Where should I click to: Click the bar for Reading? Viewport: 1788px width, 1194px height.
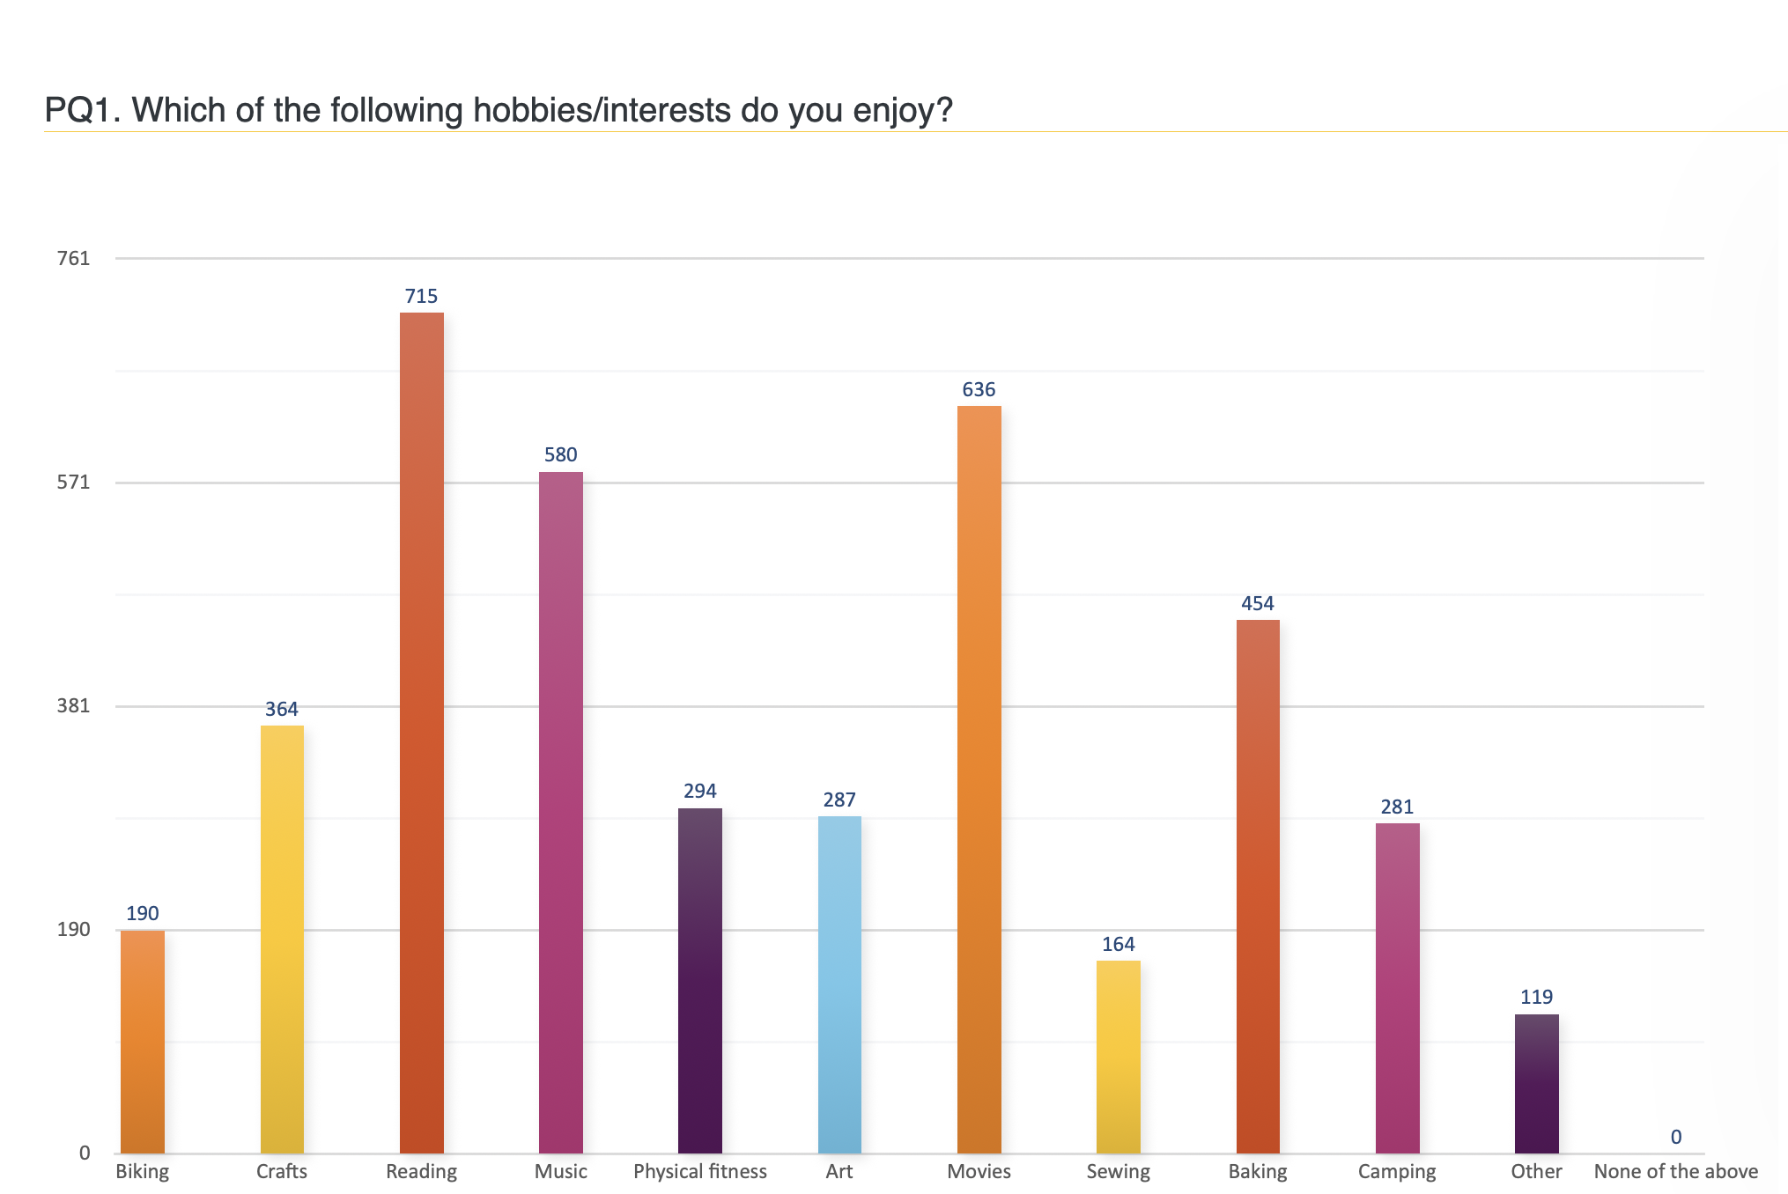point(421,733)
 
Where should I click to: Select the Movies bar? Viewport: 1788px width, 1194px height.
point(979,779)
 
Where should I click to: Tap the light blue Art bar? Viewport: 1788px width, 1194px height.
point(839,984)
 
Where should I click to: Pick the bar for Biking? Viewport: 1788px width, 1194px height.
point(143,1042)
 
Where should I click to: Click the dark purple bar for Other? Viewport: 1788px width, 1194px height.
point(1536,1084)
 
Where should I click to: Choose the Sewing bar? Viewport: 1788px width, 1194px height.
point(1118,1057)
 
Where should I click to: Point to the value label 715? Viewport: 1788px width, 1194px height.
point(421,297)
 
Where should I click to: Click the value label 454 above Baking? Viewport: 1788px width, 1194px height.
point(1257,603)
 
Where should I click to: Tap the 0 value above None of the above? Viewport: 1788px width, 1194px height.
point(1675,1137)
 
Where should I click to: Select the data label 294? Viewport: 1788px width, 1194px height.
point(700,791)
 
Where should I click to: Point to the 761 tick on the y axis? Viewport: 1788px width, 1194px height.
point(73,258)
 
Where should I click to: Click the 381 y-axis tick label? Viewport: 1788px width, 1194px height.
point(73,705)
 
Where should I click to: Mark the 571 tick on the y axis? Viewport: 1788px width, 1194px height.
point(73,482)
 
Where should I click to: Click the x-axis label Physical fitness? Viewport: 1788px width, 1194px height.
point(700,1172)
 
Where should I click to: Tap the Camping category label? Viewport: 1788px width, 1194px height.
point(1397,1172)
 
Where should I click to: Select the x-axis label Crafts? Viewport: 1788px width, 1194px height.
point(282,1171)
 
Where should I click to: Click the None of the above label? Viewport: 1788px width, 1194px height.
point(1675,1171)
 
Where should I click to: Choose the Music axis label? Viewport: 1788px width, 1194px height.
point(560,1171)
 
